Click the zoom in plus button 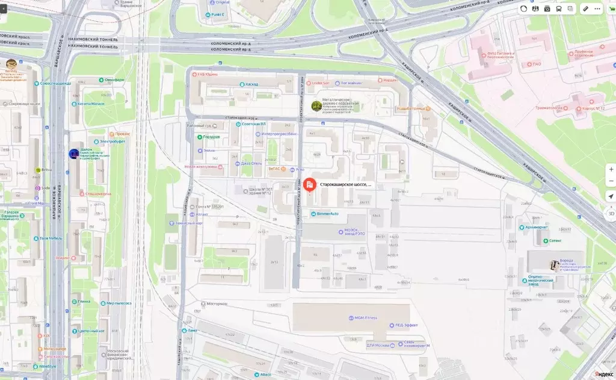(611, 169)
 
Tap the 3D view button (611, 213)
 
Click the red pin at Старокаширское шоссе (310, 184)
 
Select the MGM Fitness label (365, 317)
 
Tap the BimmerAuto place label (327, 214)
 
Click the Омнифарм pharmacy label (114, 80)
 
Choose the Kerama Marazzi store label (90, 104)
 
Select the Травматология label (549, 108)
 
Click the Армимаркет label (537, 228)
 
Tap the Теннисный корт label (210, 223)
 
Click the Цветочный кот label (91, 331)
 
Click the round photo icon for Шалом (73, 154)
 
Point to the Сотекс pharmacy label (555, 240)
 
